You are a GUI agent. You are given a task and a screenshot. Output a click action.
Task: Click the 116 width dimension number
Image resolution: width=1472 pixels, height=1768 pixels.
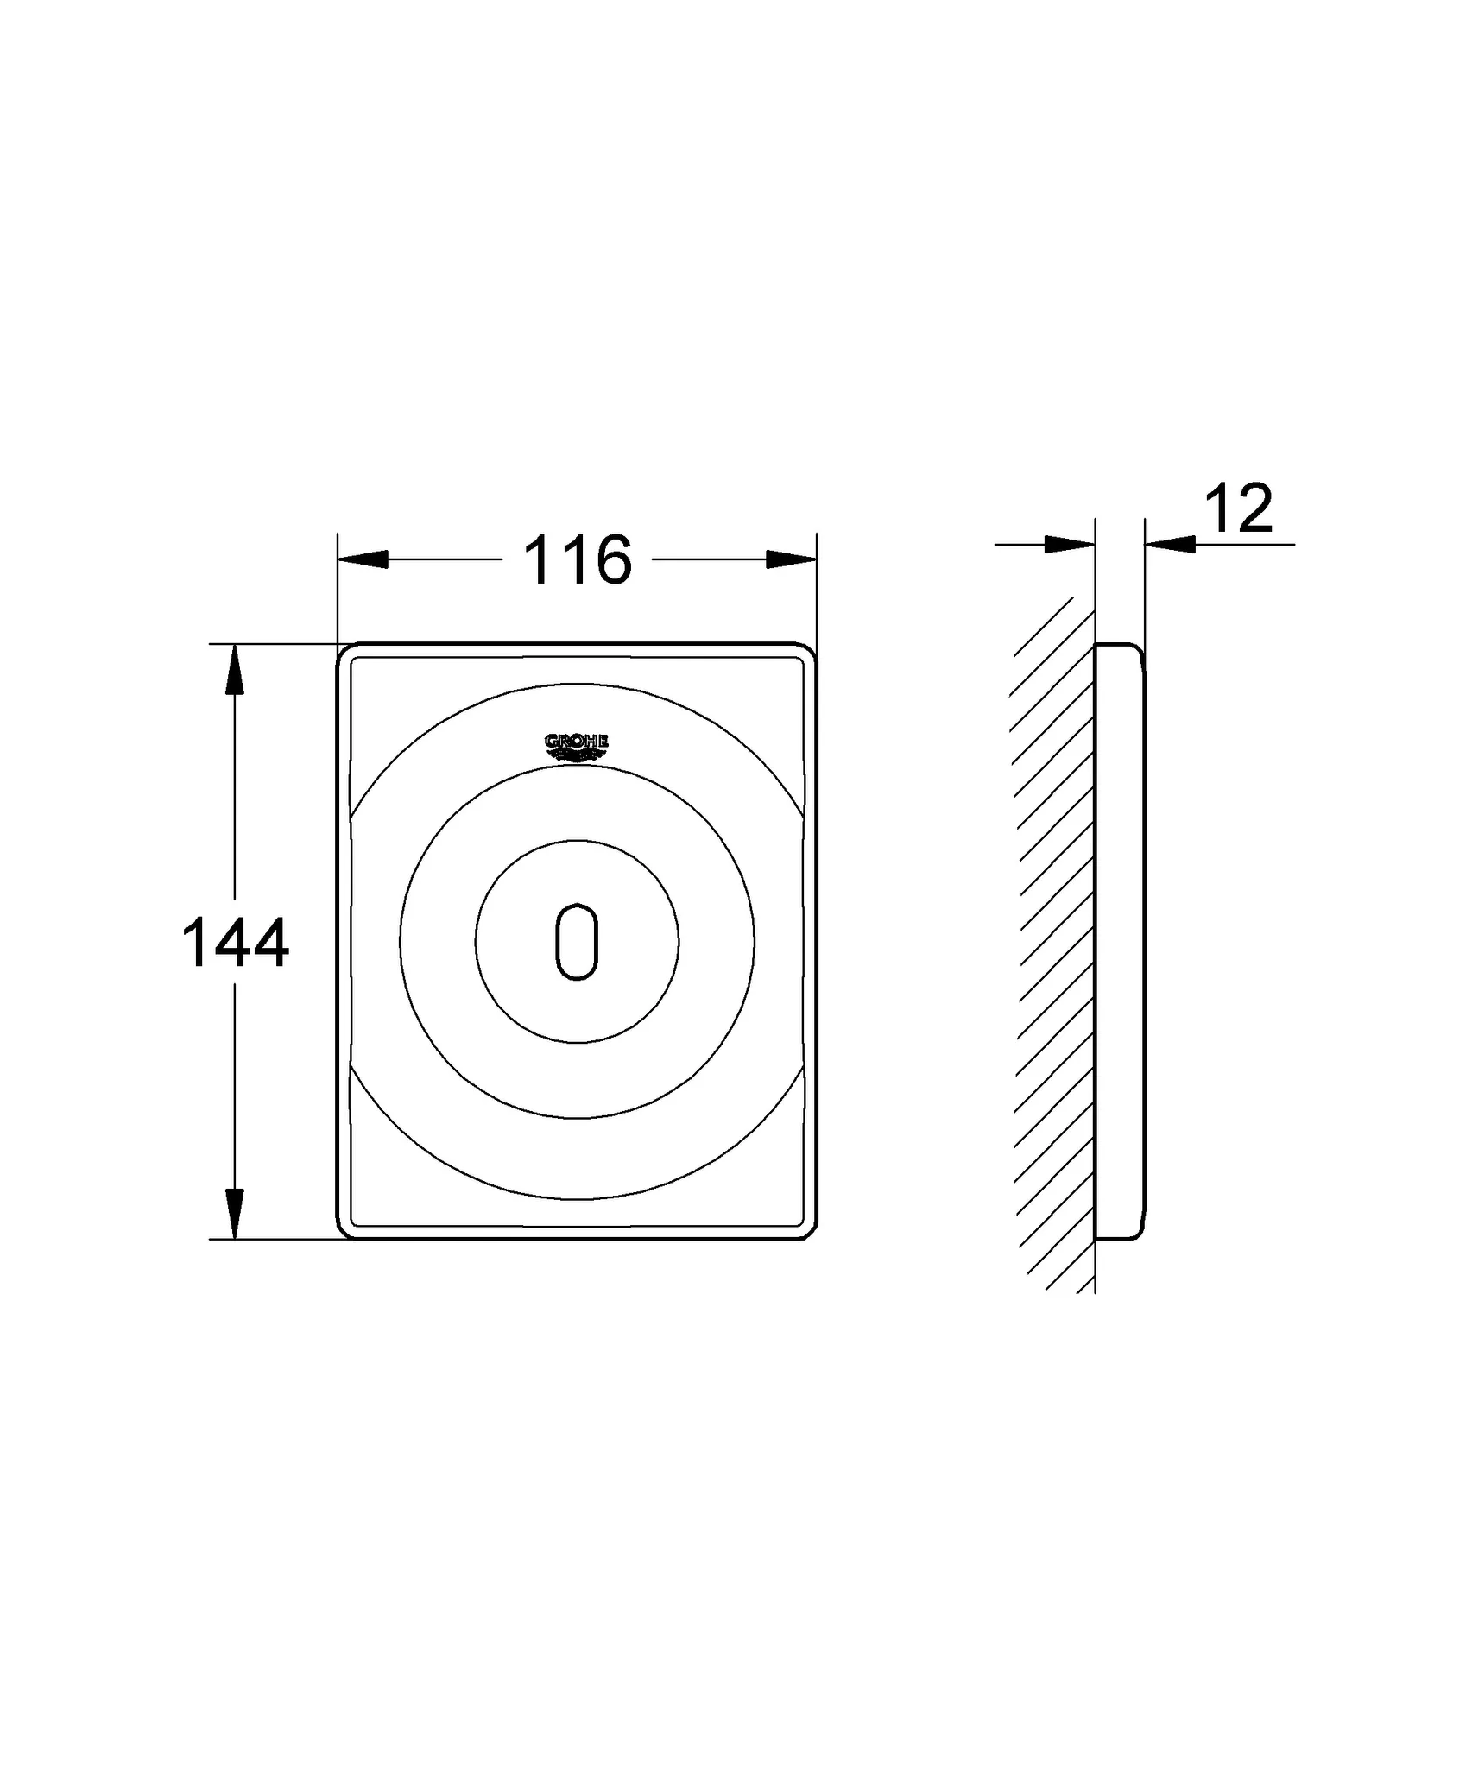click(578, 560)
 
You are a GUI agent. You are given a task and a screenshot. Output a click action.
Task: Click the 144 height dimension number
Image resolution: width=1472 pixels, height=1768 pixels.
click(235, 944)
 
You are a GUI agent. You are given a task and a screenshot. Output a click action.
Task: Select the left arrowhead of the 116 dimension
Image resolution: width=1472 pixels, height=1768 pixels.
click(363, 559)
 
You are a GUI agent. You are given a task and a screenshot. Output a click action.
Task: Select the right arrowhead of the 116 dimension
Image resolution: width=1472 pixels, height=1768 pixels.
click(792, 559)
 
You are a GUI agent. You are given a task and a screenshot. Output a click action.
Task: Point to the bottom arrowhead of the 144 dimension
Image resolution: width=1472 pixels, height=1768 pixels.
click(234, 1214)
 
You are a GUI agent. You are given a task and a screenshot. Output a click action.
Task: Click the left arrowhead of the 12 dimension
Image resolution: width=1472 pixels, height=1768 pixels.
click(1070, 544)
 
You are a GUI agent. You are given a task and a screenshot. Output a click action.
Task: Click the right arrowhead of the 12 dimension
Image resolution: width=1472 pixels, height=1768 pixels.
click(1171, 544)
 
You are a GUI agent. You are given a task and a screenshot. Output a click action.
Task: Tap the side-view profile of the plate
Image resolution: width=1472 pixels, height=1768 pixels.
click(1120, 941)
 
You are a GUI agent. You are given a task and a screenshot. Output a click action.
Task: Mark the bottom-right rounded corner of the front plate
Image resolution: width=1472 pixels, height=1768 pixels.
click(809, 1232)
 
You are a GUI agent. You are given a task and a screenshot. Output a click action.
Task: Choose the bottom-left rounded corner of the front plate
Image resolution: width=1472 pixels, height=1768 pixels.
click(344, 1232)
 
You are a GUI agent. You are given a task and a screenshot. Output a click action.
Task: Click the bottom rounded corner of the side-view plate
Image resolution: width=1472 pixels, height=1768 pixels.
click(1138, 1234)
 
